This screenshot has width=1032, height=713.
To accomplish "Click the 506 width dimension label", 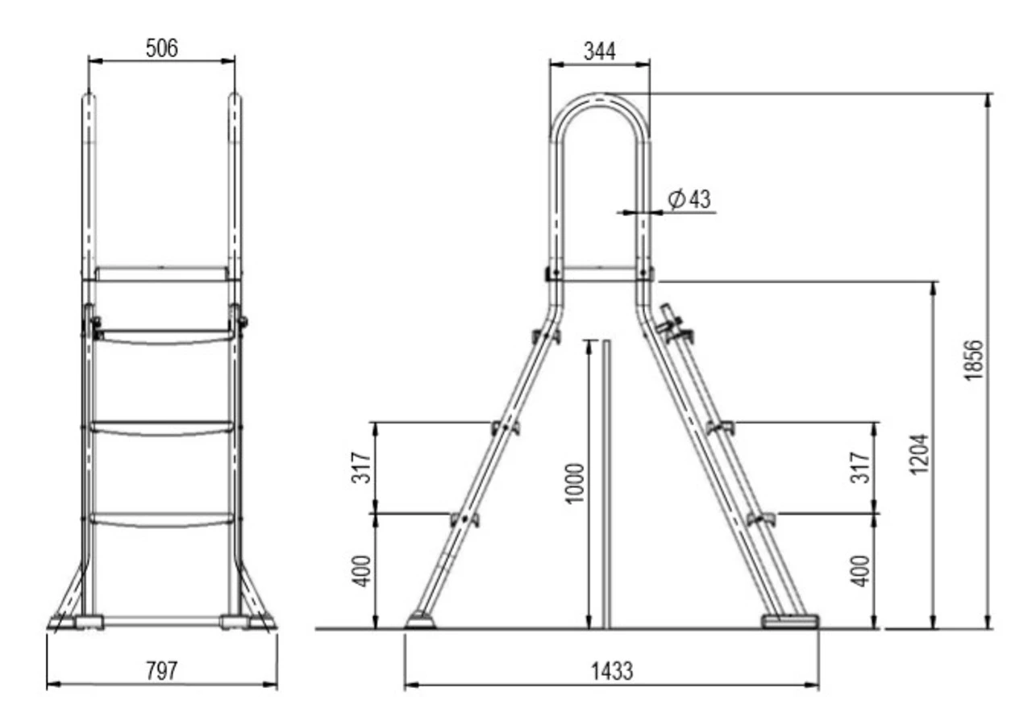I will point(161,48).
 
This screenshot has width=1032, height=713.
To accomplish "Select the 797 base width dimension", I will point(161,671).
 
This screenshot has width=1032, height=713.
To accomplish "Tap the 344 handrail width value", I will point(599,51).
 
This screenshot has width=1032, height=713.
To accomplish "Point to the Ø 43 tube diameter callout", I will point(689,199).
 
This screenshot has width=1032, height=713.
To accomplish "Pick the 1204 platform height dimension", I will point(921,455).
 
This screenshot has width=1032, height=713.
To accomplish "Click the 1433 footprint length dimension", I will point(610,671).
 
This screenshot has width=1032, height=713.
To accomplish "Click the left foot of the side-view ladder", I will point(419,619).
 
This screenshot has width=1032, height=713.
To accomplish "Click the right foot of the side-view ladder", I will point(791,620).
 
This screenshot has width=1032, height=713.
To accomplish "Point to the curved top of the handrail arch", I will point(599,100).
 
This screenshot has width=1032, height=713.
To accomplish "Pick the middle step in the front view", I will point(162,427).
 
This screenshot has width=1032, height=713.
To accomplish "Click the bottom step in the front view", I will point(162,519).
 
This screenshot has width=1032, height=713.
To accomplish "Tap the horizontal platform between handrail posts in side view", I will point(599,275).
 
